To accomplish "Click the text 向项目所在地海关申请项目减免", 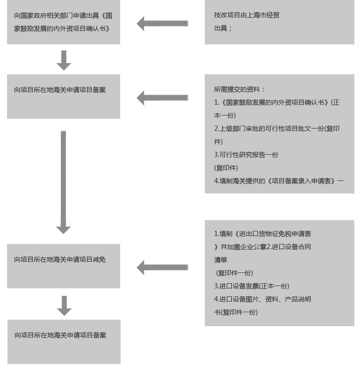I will [x=60, y=259].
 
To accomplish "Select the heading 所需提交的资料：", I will [x=239, y=89].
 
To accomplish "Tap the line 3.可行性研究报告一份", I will [x=246, y=155].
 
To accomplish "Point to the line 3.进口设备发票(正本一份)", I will [x=252, y=286].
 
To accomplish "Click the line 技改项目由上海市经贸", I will [x=246, y=15].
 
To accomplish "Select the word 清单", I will [x=221, y=260].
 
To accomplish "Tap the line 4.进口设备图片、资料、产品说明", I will [x=262, y=299].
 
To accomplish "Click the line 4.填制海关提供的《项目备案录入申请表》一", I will [x=279, y=181].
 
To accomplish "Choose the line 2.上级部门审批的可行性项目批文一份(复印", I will [x=276, y=129].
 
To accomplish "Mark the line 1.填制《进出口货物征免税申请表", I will [x=262, y=234].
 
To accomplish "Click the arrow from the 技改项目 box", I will [x=162, y=23].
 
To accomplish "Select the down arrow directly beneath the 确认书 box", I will [x=64, y=60].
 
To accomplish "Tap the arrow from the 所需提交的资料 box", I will [x=162, y=98].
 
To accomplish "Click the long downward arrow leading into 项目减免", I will [x=64, y=182].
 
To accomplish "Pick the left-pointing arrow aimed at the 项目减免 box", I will [x=162, y=268].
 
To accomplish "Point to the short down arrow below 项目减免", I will [x=64, y=305].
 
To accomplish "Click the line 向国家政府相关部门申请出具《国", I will [x=63, y=15].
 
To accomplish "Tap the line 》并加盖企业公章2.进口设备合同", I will [x=262, y=247].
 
